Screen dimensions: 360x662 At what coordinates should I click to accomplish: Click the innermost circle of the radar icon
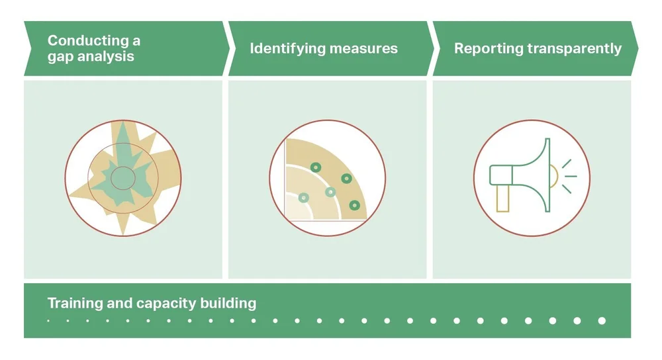[x=122, y=177]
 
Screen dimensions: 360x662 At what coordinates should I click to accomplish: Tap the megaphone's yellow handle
[x=502, y=199]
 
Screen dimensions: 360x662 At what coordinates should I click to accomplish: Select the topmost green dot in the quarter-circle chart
[x=316, y=167]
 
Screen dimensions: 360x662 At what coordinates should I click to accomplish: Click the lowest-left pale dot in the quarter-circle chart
[x=304, y=197]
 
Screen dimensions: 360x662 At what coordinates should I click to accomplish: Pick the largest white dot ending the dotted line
[x=602, y=321]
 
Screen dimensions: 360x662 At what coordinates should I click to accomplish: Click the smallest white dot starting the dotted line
[x=48, y=321]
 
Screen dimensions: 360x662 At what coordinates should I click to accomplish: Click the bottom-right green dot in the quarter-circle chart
[x=355, y=204]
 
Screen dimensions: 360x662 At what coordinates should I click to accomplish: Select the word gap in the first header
[x=60, y=56]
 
